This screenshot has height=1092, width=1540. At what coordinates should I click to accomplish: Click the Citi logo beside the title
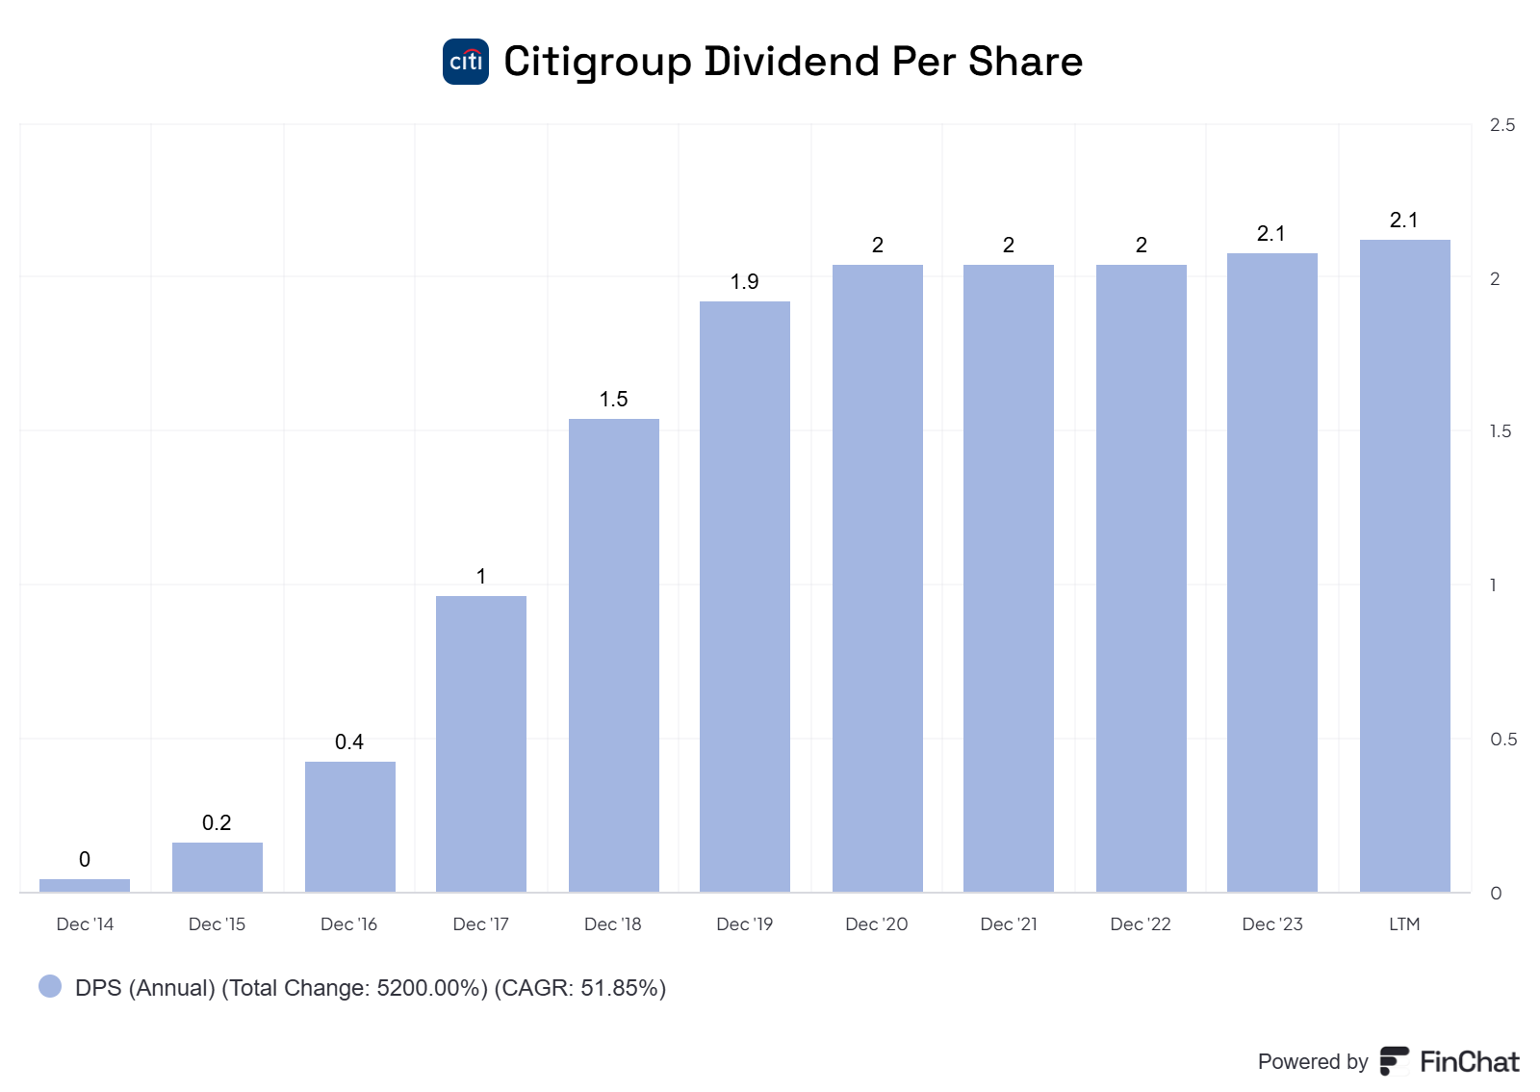click(466, 62)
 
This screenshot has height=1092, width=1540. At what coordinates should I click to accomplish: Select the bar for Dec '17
click(481, 743)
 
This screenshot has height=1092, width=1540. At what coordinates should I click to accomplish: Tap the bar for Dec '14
click(85, 885)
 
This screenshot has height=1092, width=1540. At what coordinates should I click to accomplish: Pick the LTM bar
click(1404, 565)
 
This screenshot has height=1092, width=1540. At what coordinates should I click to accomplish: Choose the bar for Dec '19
click(745, 596)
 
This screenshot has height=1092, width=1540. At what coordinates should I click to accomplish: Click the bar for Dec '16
click(350, 826)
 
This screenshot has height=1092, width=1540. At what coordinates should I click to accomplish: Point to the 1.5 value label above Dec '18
click(614, 400)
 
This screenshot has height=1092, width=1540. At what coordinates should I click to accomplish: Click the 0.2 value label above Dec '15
click(217, 823)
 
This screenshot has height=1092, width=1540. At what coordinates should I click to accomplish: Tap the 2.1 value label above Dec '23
click(1270, 234)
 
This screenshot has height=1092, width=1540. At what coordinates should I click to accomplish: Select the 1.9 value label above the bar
click(744, 282)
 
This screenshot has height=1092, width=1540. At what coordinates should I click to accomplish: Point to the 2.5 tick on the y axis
click(1501, 125)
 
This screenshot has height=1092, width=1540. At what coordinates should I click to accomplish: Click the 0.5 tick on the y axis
click(1502, 740)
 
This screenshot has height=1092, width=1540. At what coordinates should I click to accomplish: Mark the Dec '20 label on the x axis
click(876, 924)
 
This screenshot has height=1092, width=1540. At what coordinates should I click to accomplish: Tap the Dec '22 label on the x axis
click(1141, 924)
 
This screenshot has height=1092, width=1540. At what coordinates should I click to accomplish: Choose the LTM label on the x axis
click(1404, 924)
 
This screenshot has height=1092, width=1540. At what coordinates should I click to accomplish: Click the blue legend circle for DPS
click(50, 986)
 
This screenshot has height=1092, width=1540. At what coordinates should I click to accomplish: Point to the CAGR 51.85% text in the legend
click(580, 988)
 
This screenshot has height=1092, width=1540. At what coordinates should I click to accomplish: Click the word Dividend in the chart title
click(792, 62)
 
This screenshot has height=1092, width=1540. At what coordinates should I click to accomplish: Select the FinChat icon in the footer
click(1394, 1061)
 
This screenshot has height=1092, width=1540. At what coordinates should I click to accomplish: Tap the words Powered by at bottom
click(1312, 1062)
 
